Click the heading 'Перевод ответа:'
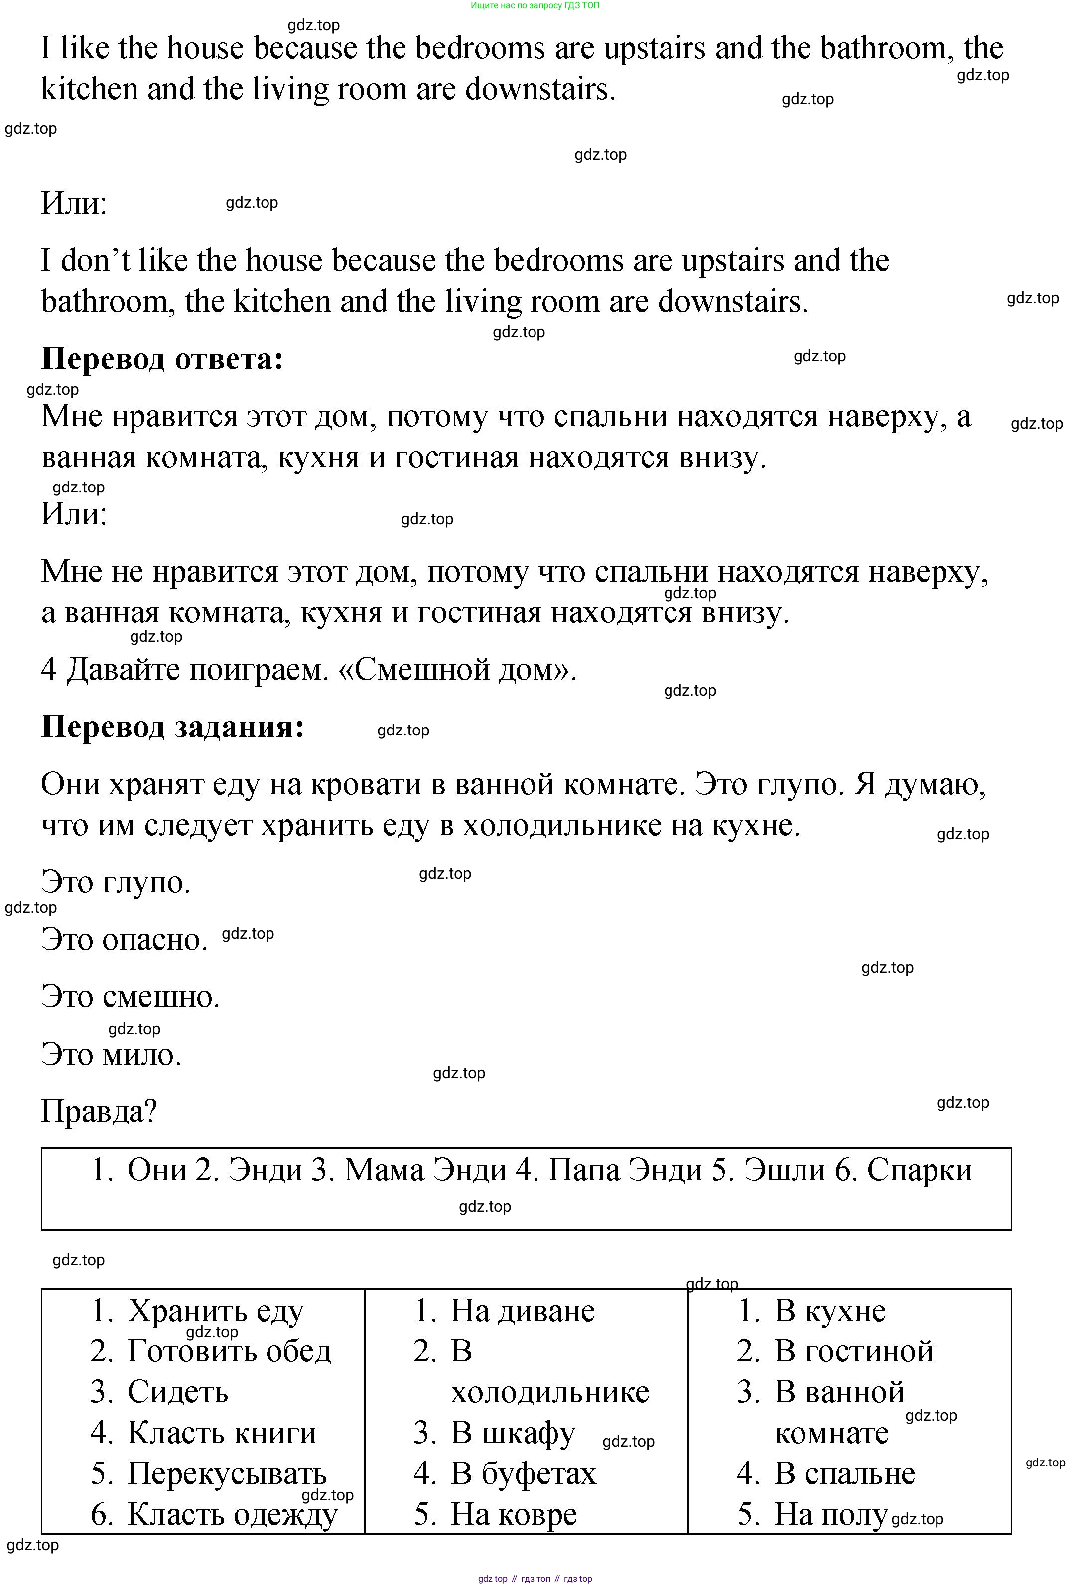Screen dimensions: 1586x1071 (x=162, y=359)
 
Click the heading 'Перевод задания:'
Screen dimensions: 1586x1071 (x=173, y=727)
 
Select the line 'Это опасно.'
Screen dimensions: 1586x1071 (x=124, y=940)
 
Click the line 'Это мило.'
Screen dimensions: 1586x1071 (x=111, y=1054)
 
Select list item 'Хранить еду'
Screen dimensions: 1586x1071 (x=215, y=1311)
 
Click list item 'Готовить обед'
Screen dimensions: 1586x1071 (x=229, y=1351)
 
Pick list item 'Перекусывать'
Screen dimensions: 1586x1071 (x=227, y=1473)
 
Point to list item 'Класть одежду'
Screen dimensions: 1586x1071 (x=232, y=1514)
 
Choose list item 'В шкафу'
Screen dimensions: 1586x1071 (x=513, y=1433)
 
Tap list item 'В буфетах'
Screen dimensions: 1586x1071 (x=523, y=1473)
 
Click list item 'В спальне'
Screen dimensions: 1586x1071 (x=844, y=1473)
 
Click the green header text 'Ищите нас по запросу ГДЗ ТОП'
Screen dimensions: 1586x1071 (x=535, y=5)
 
